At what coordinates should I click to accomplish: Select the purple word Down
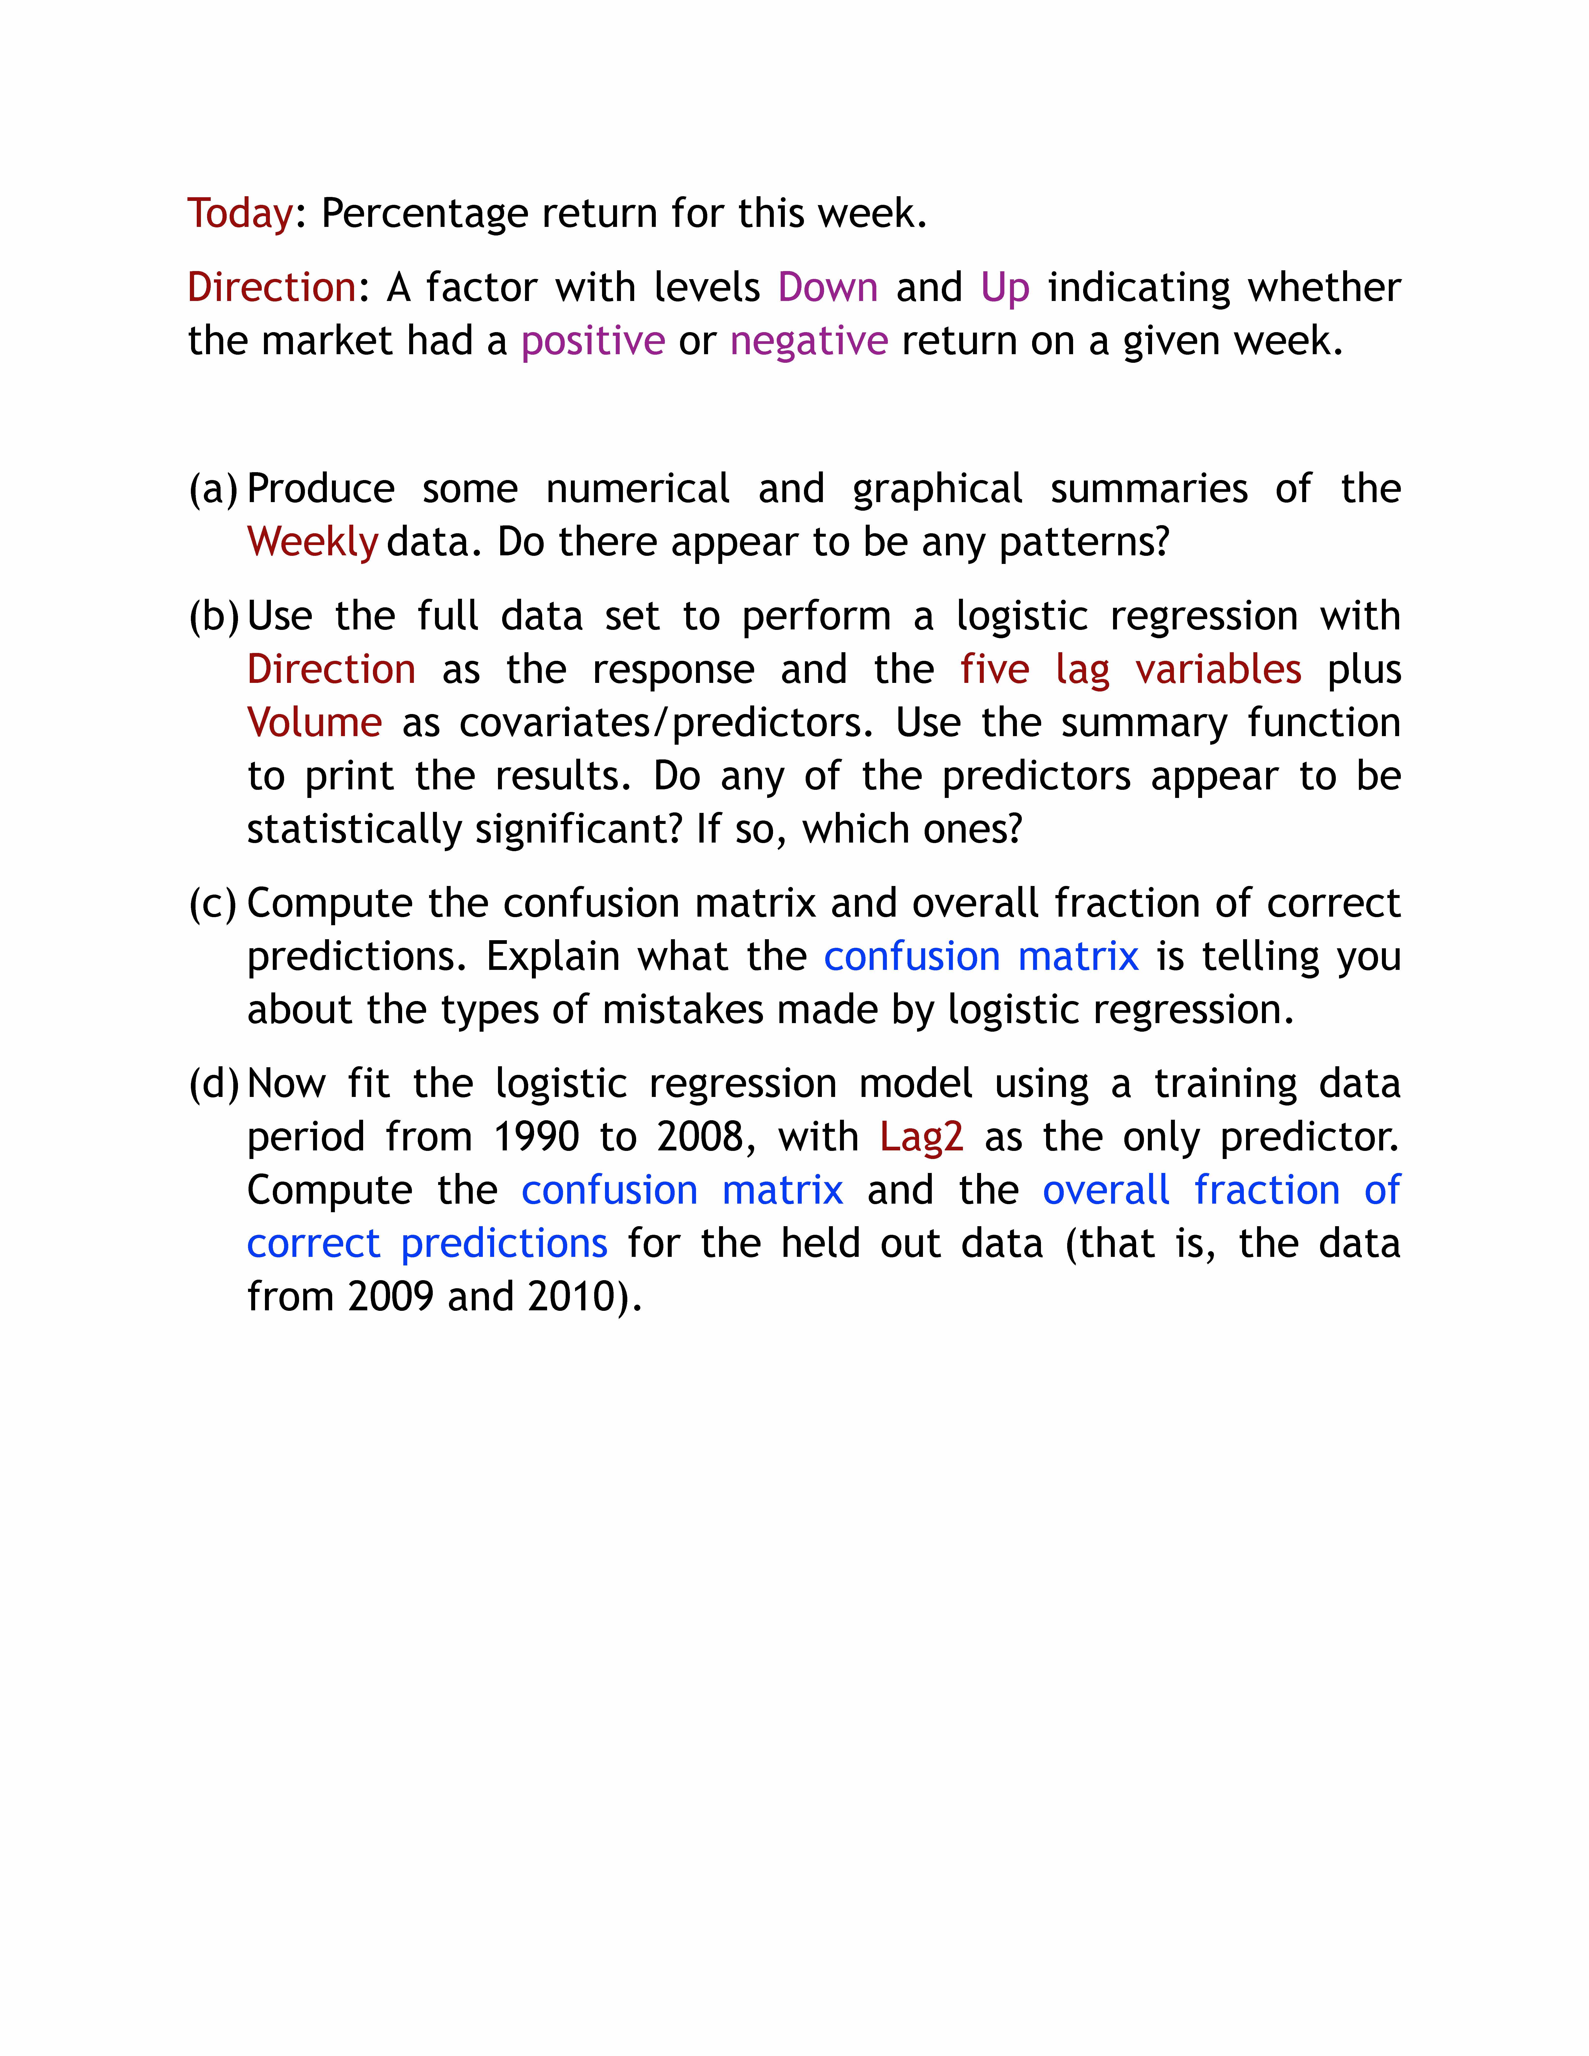click(827, 287)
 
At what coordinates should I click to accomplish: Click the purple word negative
click(808, 341)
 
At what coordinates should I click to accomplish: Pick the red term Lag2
click(921, 1137)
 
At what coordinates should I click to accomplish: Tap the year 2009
click(390, 1297)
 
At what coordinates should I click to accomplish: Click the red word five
click(995, 669)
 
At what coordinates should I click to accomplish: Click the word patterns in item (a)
click(1083, 542)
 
